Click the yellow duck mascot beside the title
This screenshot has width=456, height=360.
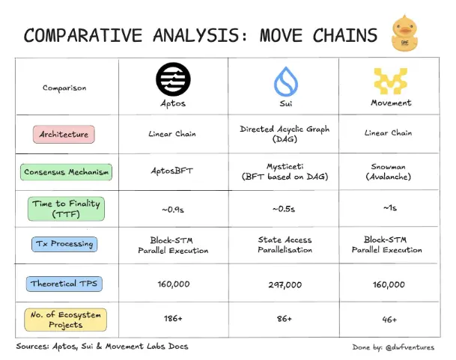click(405, 33)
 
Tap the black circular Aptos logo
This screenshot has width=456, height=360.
click(173, 79)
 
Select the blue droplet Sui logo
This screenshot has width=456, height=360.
click(286, 82)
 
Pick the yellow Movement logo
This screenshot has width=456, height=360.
click(391, 81)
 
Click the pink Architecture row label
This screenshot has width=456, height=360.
click(64, 135)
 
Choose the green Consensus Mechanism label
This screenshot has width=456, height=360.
click(66, 172)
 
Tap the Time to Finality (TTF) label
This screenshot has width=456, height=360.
click(66, 209)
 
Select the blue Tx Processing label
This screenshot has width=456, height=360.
click(64, 244)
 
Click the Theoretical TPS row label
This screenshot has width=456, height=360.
click(64, 284)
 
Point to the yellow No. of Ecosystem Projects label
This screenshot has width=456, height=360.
click(65, 320)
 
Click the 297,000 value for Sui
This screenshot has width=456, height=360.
click(285, 284)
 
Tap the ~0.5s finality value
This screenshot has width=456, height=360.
click(284, 209)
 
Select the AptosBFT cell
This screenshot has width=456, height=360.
click(172, 171)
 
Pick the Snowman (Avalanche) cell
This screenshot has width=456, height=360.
click(389, 171)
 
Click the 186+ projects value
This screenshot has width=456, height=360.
click(173, 318)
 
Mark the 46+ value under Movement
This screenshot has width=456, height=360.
click(389, 320)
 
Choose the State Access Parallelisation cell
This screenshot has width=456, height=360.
click(285, 245)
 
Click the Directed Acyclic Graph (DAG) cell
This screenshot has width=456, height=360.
click(285, 134)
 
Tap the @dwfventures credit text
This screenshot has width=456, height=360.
click(410, 347)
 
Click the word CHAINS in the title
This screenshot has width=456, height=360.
click(345, 35)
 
